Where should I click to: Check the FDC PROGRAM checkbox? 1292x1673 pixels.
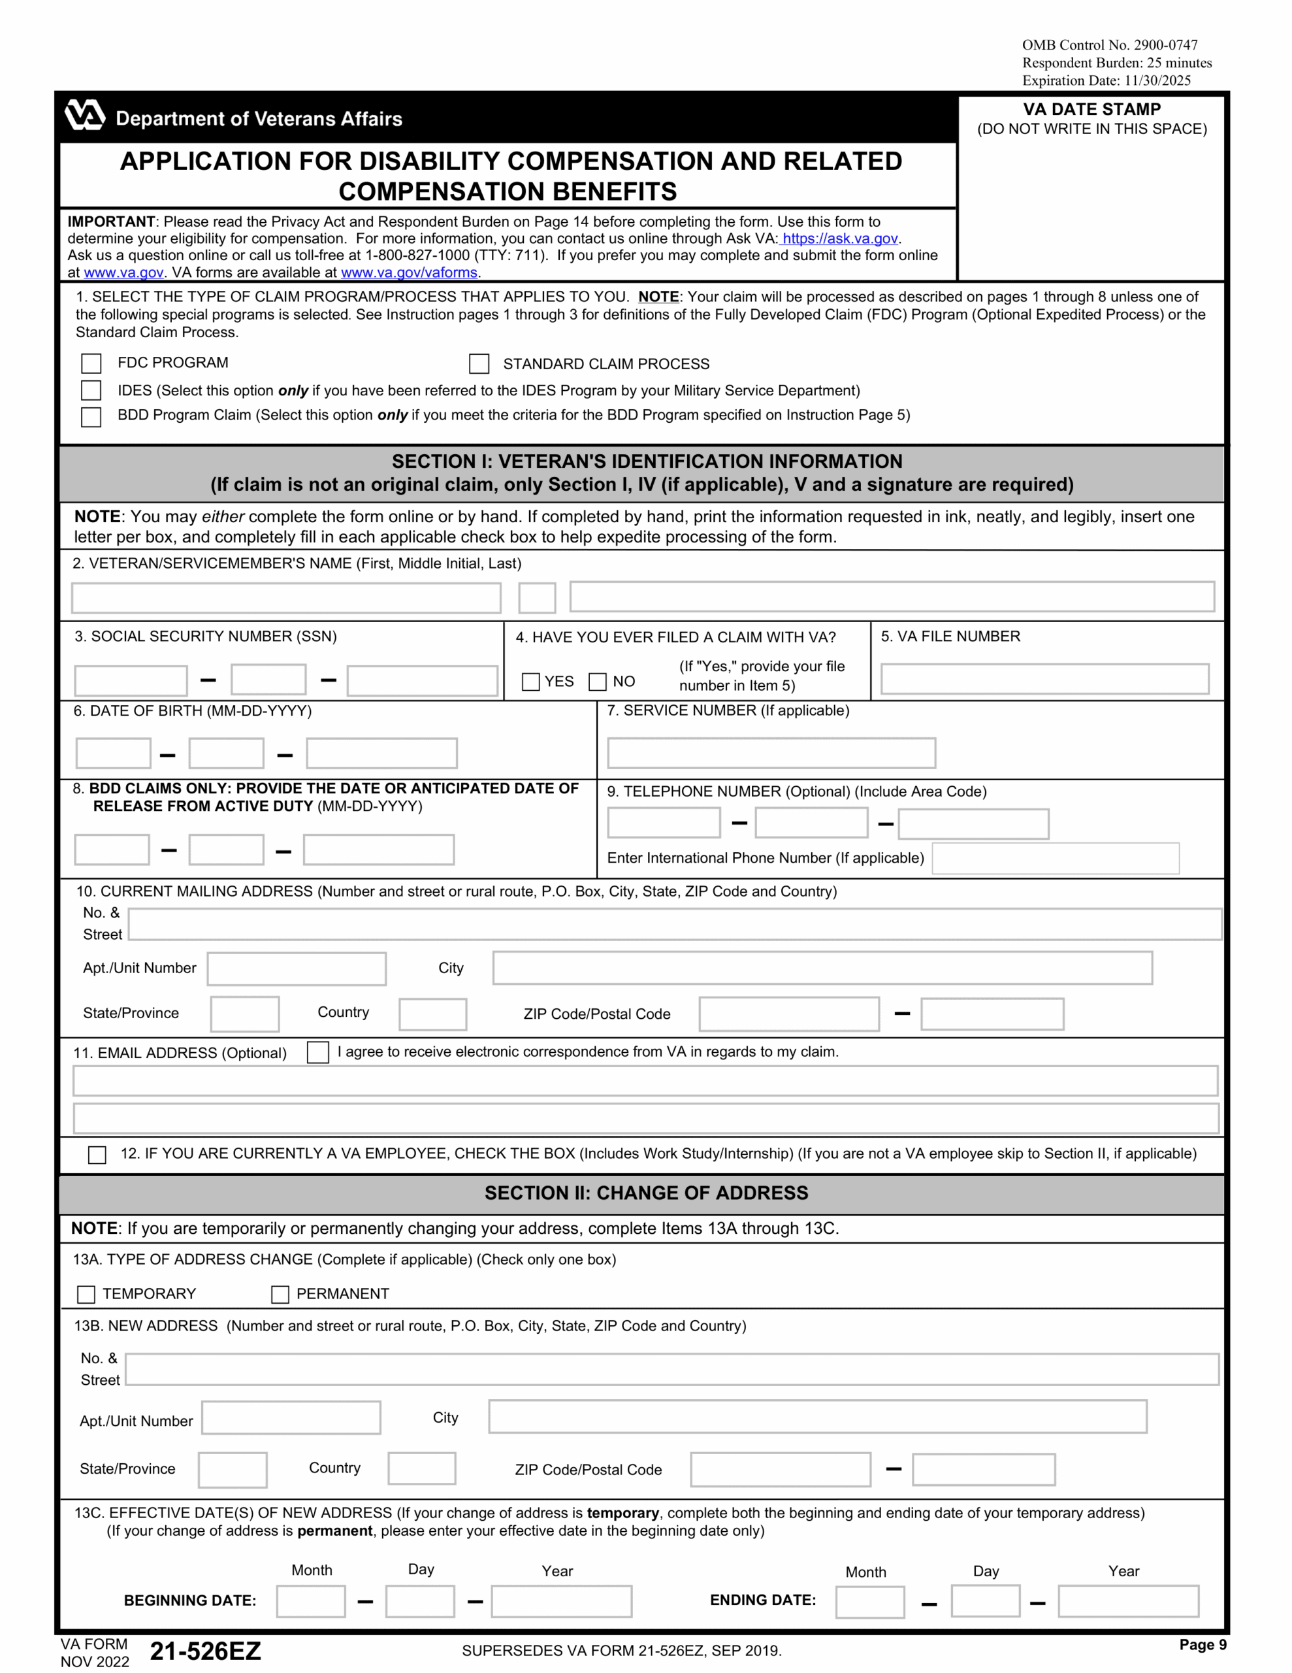point(91,363)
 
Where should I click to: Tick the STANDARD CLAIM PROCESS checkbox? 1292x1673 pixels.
point(479,364)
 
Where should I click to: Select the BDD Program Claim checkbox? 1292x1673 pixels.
point(91,417)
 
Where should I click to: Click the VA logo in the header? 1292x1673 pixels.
point(84,116)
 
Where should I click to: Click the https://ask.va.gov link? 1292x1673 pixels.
point(839,239)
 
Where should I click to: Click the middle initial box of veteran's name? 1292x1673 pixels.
point(537,597)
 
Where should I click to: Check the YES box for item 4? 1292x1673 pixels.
point(530,682)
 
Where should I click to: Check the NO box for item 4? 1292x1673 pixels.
point(598,682)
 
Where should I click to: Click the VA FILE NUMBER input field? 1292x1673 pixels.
point(1044,679)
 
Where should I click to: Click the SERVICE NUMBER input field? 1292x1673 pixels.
point(771,753)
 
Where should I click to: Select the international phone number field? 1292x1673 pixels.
point(1055,858)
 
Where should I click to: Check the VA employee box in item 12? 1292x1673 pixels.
point(97,1154)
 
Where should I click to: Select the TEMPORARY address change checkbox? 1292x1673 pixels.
point(86,1295)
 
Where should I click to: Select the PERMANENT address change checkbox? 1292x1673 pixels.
point(280,1295)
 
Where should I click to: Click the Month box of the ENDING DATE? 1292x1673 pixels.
point(869,1602)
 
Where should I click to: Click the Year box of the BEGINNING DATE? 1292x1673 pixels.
point(560,1601)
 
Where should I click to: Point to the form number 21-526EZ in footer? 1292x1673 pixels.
point(205,1651)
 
